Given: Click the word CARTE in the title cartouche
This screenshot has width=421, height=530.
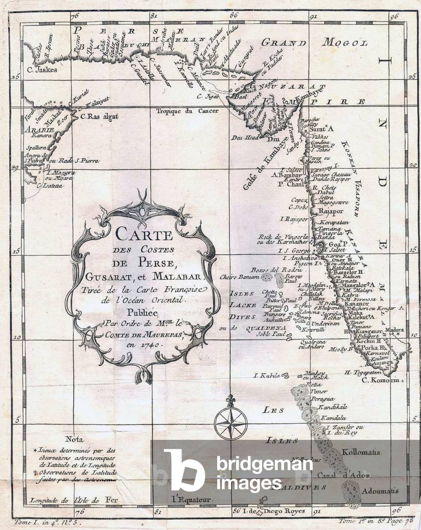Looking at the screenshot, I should (144, 234).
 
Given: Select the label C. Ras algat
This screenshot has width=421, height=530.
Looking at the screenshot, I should (100, 117).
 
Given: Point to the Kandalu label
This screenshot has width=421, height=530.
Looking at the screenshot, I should (333, 417).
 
